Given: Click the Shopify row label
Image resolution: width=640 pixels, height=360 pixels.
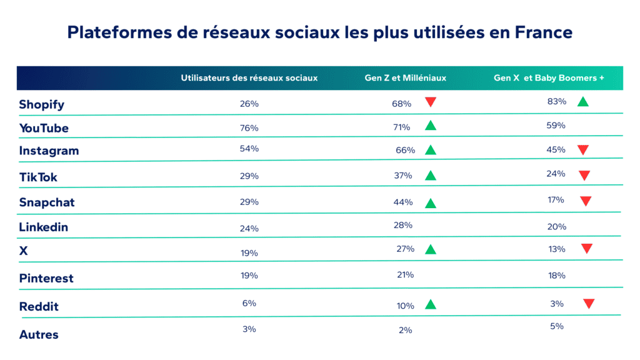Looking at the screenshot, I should coord(41,104).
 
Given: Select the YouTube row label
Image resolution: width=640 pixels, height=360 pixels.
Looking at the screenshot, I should coord(44,128).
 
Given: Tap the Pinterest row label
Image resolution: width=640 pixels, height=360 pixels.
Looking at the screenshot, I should coord(46,278).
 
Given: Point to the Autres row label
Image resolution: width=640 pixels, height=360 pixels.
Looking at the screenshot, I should coord(39,334).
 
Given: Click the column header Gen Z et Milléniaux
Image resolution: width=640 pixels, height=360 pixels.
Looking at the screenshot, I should coord(405,78).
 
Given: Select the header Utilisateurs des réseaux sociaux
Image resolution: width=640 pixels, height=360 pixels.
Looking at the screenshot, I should coord(249,78).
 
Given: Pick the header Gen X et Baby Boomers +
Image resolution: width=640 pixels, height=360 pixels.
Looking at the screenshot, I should coord(549,78).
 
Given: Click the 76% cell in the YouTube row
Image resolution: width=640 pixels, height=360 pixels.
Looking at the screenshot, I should coord(249,128).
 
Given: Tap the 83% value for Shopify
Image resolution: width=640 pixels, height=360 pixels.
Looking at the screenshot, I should coord(556,101).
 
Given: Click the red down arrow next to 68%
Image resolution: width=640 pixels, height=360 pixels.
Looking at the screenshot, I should coord(430,102).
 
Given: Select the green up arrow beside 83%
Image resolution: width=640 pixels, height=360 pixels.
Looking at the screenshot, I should coord(582,101).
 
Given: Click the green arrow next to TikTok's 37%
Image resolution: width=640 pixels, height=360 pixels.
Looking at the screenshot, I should coord(430,176).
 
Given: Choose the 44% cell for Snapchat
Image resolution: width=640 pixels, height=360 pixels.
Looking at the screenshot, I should coord(403,202).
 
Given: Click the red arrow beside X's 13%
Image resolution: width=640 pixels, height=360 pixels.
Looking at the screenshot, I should coord(586,249).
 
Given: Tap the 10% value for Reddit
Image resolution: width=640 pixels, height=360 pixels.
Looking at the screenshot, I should coord(405,306).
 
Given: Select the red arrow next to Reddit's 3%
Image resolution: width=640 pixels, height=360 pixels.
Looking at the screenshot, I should coord(588,304).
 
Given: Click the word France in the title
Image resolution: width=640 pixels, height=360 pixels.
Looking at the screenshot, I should coord(542,32).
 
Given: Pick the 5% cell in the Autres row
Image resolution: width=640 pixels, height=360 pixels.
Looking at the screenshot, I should coord(557,326).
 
